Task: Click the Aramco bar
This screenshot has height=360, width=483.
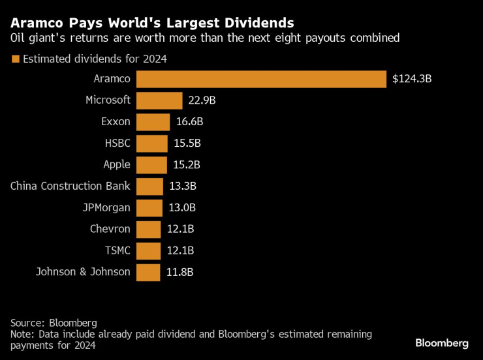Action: click(x=261, y=79)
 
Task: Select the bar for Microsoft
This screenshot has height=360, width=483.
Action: click(x=159, y=100)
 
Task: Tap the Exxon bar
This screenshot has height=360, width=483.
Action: click(x=153, y=122)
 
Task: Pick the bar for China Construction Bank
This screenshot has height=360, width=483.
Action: click(x=150, y=187)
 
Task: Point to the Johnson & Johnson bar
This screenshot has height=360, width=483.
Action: click(x=148, y=272)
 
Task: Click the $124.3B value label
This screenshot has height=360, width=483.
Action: click(x=413, y=79)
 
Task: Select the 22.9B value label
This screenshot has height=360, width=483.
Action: click(x=202, y=100)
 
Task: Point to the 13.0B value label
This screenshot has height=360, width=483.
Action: click(x=182, y=208)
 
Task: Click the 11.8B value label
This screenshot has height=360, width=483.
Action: click(x=179, y=272)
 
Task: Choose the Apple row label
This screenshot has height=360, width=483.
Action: click(x=117, y=165)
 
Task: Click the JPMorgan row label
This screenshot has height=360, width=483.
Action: click(x=106, y=208)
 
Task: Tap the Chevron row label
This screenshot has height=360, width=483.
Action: click(x=110, y=229)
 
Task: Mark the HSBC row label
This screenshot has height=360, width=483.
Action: click(x=117, y=143)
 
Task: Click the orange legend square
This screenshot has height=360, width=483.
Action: click(x=14, y=59)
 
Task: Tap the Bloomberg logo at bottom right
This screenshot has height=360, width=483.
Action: click(x=442, y=343)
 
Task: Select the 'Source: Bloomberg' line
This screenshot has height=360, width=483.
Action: click(x=54, y=323)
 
